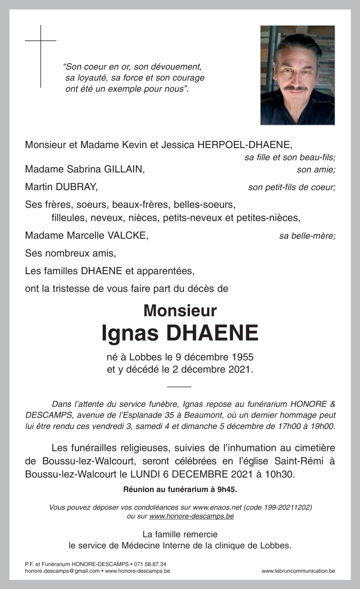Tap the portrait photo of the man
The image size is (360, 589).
point(297,75)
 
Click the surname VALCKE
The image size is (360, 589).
point(128,235)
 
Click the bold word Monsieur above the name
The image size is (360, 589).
point(180,311)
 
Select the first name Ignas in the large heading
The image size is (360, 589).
point(130,333)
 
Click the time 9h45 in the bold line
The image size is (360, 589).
point(226,489)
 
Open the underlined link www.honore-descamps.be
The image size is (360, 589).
point(191,516)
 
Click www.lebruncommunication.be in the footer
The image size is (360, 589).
point(298,571)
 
